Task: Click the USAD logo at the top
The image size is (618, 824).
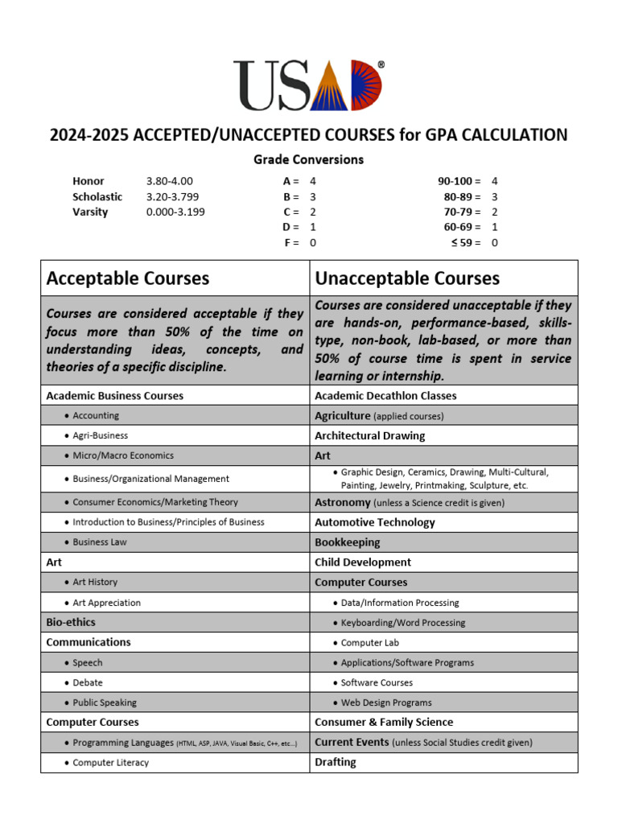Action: (x=308, y=85)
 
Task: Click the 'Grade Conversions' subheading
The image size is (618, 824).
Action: (x=309, y=159)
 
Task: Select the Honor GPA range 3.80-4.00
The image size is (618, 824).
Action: (x=170, y=181)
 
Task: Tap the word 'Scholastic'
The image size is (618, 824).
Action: (x=97, y=196)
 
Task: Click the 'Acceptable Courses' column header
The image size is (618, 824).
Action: (x=128, y=278)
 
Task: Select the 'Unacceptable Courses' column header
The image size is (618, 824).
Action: (x=407, y=278)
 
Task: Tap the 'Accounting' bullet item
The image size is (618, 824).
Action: (x=96, y=416)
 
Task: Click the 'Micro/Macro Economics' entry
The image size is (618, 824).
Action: (x=122, y=455)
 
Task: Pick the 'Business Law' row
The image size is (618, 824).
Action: (x=100, y=542)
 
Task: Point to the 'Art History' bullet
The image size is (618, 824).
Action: (x=95, y=582)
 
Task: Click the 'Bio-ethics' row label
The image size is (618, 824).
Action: (x=71, y=622)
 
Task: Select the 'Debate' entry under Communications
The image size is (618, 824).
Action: (x=88, y=682)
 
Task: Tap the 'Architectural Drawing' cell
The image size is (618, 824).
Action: (x=369, y=435)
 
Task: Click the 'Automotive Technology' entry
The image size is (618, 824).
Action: (x=374, y=522)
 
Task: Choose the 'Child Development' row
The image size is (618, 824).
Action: (x=362, y=562)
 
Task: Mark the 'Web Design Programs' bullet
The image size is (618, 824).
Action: (x=386, y=702)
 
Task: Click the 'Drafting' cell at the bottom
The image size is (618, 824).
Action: (x=336, y=762)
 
